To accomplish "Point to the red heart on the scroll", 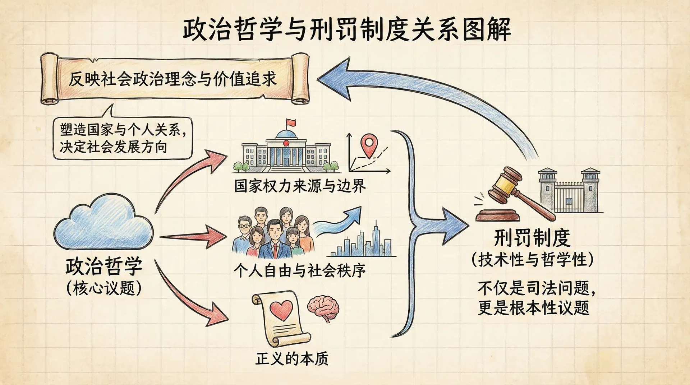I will pos(281,310).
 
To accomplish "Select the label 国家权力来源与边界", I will pos(300,186).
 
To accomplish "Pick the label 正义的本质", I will pos(292,358).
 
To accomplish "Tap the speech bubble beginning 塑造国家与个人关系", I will pos(122,138).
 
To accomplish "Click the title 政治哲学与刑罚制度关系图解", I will pos(347,29).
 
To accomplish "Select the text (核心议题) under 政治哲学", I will pos(104,288).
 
